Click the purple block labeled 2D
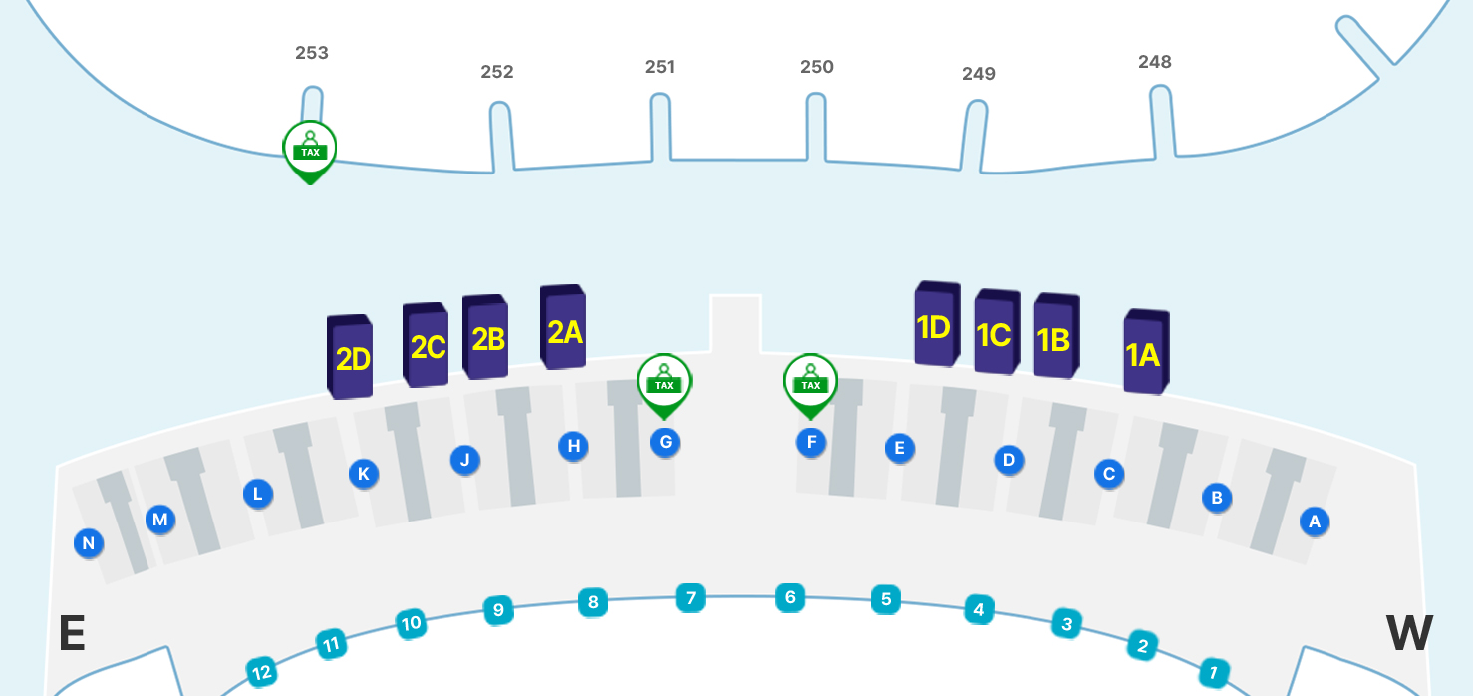[x=351, y=357]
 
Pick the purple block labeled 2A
[x=563, y=329]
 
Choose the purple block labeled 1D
[x=936, y=325]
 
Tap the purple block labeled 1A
[x=1145, y=353]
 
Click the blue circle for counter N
[x=89, y=543]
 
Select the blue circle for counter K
[x=364, y=474]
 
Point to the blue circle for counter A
[x=1315, y=521]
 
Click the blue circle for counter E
[x=899, y=448]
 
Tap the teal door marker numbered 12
[x=262, y=673]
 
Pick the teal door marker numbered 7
[x=690, y=598]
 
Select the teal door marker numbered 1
[x=1213, y=671]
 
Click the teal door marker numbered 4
[x=979, y=609]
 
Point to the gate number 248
[x=1155, y=62]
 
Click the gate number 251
[x=660, y=67]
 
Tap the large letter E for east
[x=72, y=634]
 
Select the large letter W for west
[x=1409, y=633]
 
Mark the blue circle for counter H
[x=573, y=446]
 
